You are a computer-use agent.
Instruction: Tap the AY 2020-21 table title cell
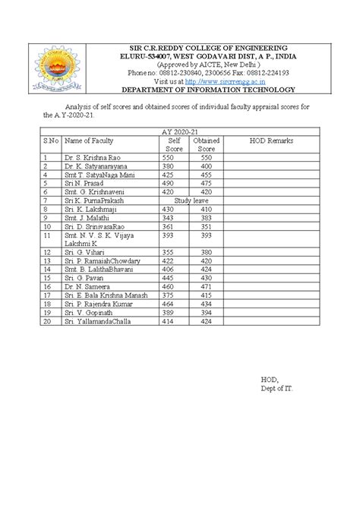pyautogui.click(x=189, y=131)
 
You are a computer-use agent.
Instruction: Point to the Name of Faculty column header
pyautogui.click(x=88, y=140)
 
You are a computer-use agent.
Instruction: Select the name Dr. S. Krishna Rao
pyautogui.click(x=93, y=156)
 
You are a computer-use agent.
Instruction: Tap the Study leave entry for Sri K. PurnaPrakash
pyautogui.click(x=189, y=200)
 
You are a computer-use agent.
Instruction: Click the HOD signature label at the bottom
pyautogui.click(x=270, y=380)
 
